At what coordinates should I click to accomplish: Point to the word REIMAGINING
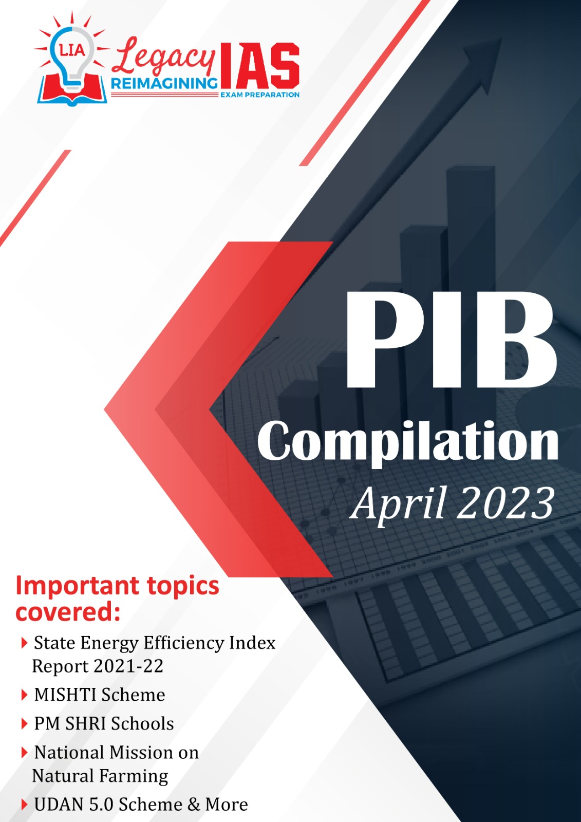coord(164,83)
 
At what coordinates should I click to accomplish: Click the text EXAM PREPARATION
coord(259,95)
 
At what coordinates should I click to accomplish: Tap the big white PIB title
coord(451,340)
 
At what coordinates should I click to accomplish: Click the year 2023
coord(507,502)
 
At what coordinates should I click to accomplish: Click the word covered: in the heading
coord(68,612)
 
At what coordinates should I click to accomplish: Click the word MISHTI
coord(66,695)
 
